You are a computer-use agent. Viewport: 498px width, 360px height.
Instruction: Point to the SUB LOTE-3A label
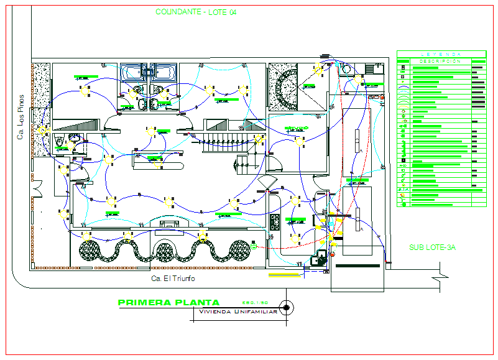(432, 247)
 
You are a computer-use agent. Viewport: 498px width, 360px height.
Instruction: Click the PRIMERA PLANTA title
(173, 303)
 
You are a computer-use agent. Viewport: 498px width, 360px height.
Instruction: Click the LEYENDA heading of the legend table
(441, 54)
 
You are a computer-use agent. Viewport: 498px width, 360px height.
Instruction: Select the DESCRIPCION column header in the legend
(440, 62)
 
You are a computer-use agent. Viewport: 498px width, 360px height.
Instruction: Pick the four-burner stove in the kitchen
(274, 223)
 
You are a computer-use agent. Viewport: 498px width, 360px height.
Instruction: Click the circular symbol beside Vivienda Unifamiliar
(287, 307)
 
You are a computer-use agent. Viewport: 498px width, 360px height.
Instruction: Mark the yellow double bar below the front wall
(282, 274)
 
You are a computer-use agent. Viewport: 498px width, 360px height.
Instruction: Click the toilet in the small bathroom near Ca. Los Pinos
(60, 142)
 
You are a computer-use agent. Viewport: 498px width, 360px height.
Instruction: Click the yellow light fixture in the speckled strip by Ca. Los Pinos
(42, 131)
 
